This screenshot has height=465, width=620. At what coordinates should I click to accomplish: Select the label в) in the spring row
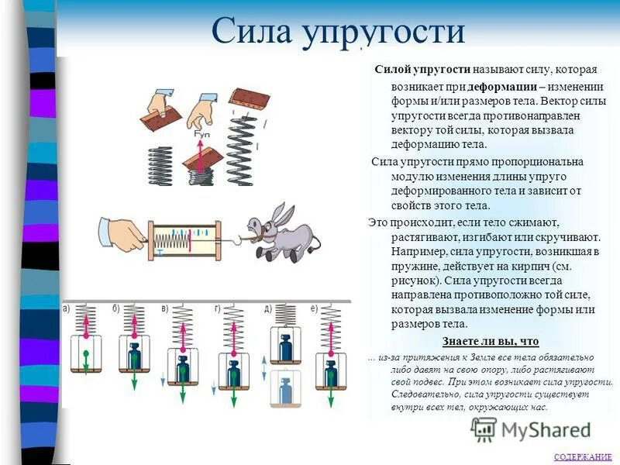(164, 309)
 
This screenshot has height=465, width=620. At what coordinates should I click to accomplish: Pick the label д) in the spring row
(267, 309)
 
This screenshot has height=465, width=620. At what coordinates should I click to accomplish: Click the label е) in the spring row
(314, 309)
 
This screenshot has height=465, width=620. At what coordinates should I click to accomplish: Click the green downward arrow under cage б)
(135, 377)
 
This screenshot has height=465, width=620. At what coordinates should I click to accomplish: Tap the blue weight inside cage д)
(285, 348)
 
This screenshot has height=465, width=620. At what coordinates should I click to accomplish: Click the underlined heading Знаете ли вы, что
(490, 342)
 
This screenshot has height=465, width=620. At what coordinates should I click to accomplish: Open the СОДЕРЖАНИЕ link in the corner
(583, 457)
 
